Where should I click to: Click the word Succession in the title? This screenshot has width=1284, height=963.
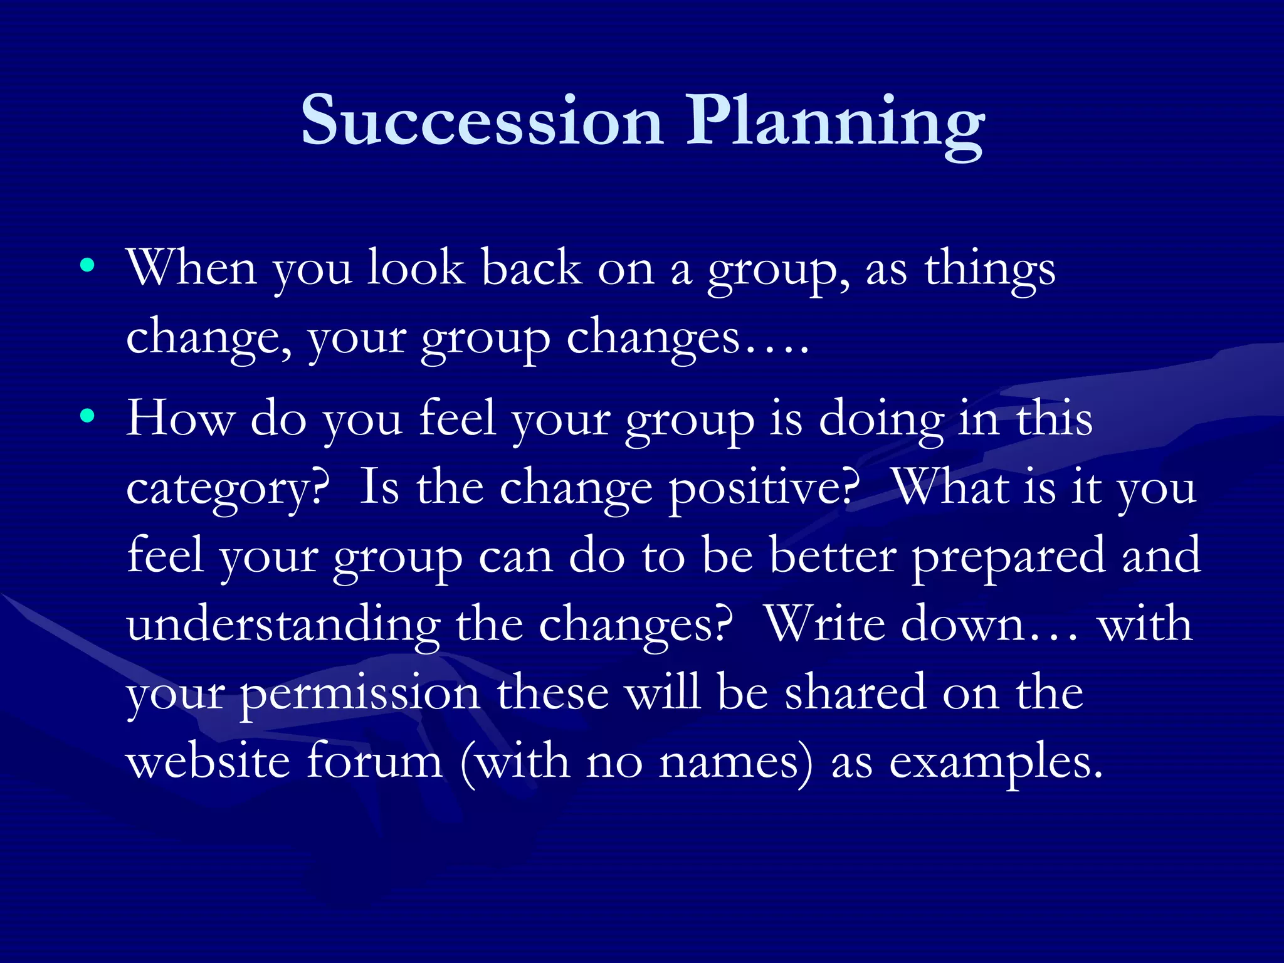(x=481, y=120)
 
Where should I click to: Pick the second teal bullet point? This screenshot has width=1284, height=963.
(x=88, y=415)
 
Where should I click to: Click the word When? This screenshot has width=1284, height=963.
(x=191, y=268)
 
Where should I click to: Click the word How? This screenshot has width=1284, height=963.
(x=181, y=419)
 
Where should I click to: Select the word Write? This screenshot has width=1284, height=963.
(x=826, y=624)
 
